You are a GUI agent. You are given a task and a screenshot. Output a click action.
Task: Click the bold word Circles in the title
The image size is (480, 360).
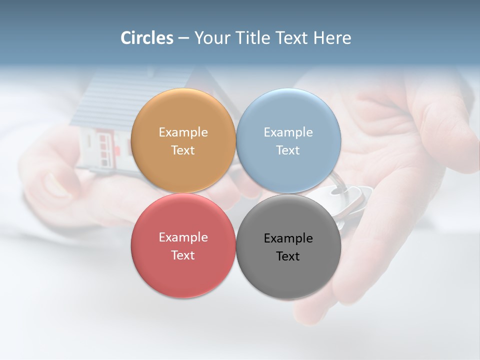click(x=147, y=38)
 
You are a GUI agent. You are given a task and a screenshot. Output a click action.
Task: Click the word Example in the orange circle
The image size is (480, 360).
click(x=183, y=132)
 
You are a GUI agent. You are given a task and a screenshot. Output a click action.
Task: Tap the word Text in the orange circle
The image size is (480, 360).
click(x=183, y=150)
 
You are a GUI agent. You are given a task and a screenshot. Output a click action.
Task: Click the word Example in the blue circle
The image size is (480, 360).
click(x=288, y=132)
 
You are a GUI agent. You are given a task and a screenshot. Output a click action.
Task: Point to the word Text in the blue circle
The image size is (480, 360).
click(x=288, y=150)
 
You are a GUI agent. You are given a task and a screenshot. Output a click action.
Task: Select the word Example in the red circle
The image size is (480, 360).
click(x=183, y=237)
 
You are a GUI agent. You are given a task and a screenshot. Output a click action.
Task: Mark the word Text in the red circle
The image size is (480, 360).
click(x=183, y=255)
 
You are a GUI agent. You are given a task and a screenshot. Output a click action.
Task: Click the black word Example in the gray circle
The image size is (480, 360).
click(x=288, y=238)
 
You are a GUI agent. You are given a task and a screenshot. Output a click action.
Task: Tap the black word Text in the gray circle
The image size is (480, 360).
click(x=288, y=256)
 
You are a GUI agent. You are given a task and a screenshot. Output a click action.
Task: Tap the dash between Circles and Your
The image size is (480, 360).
click(x=183, y=38)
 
